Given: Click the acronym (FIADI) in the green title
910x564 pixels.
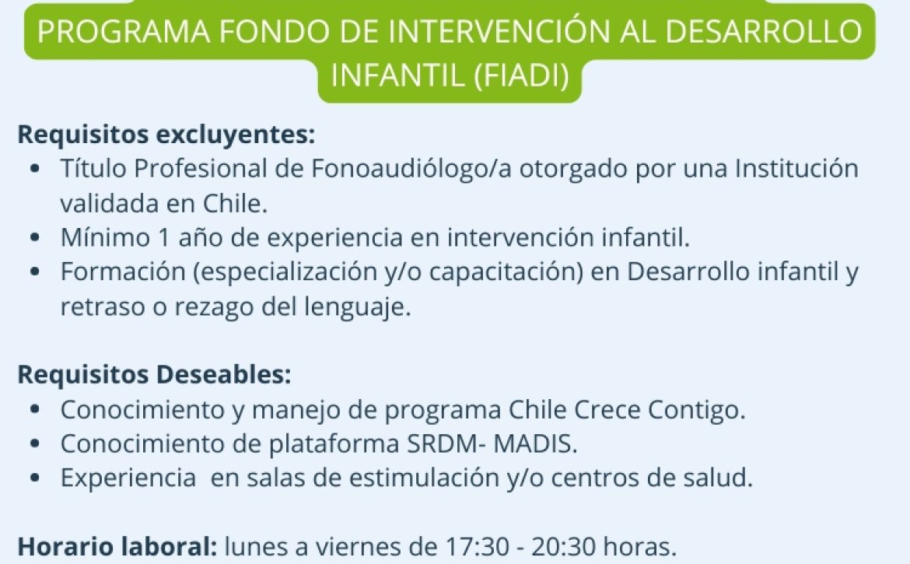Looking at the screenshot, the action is point(521,75).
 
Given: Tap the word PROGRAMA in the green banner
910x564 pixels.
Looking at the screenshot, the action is point(124,31).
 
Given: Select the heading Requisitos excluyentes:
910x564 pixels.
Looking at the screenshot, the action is point(166,135).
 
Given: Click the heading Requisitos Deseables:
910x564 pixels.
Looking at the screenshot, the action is point(154,374).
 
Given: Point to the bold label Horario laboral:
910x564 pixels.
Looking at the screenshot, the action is point(117,547).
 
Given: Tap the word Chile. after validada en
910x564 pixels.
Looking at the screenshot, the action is point(235,203).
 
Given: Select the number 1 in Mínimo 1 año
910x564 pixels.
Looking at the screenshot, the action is point(162,238).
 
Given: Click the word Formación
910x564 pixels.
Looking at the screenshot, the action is point(123,272).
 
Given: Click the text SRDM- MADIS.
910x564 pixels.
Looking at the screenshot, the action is point(492,444).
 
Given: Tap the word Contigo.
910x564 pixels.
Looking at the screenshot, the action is point(696,410).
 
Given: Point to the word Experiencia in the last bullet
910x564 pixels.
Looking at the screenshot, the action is point(128,478).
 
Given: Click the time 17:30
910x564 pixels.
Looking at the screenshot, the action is point(477,547).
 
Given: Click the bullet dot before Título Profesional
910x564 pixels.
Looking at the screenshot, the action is point(36,169).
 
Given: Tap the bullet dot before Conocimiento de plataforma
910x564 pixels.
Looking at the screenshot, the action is point(36,444).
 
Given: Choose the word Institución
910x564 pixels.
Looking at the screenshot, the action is point(796,168).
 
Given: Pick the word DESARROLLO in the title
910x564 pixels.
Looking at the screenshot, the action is point(764,31).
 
